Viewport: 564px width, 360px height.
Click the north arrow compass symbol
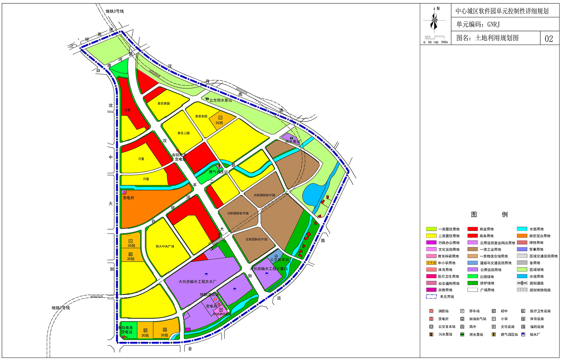tap(434, 19)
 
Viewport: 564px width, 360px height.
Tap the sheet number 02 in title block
tap(549, 39)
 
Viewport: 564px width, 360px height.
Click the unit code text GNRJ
tap(493, 25)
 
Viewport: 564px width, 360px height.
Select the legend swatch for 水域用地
tap(522, 277)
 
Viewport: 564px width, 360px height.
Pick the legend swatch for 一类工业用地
tap(473, 249)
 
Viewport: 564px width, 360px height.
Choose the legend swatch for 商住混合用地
tap(522, 236)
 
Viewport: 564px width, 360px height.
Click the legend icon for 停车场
tap(462, 311)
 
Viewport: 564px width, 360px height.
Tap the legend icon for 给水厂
tap(523, 335)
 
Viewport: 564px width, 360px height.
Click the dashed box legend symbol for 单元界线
tap(431, 297)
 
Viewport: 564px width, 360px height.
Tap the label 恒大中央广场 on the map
tap(165, 246)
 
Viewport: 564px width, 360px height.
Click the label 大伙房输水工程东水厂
tap(197, 282)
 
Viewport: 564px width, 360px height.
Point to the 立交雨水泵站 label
tap(221, 100)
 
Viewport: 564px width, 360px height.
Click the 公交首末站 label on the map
tap(279, 260)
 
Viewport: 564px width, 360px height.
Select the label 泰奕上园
tap(184, 133)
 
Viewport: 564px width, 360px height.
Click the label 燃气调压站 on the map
tap(218, 172)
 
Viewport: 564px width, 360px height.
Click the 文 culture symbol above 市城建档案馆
tap(221, 310)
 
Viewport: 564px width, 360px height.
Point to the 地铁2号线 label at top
tap(114, 11)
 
